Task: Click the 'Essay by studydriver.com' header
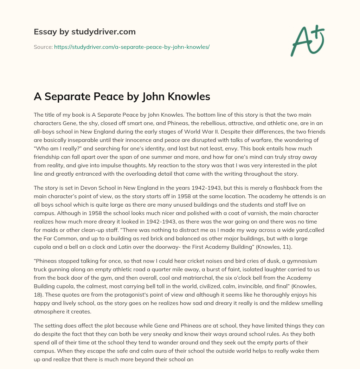click(x=84, y=32)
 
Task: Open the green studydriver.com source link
click(x=131, y=47)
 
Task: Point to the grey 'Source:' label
click(x=43, y=47)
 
